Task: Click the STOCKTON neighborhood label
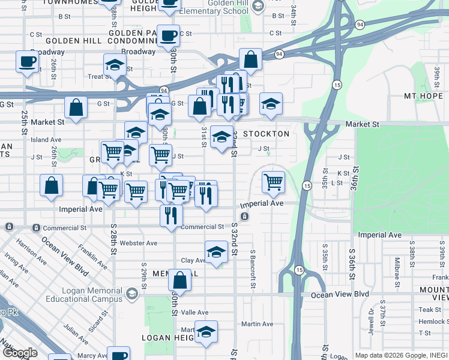coord(266,134)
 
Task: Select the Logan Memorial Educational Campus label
coord(90,294)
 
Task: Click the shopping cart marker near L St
coord(273,181)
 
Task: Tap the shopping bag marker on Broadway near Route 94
coord(250,60)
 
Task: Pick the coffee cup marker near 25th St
coord(26,62)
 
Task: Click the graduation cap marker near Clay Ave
coord(216,252)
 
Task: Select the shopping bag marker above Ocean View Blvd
coord(180,280)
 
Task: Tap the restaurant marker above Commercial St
coord(171,214)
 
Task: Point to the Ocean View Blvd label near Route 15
coord(339,295)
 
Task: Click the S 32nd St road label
coord(235,238)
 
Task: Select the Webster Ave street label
coord(139,243)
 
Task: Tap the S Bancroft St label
coord(253,263)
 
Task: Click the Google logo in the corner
coord(20,353)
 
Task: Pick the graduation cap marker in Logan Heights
coord(205,332)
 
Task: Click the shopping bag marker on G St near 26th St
coord(76,108)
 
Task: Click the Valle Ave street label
coord(194,313)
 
